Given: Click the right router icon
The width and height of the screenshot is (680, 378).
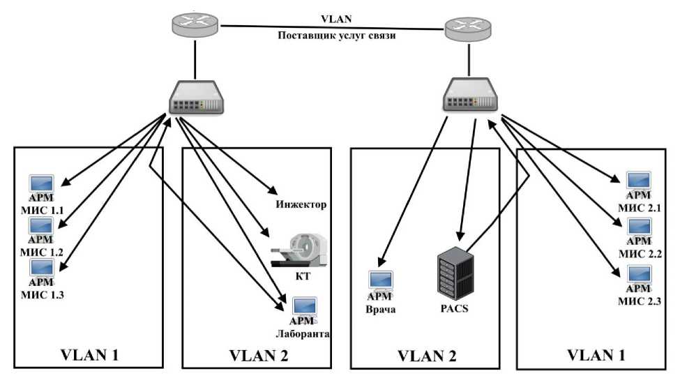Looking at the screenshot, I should click(x=468, y=29).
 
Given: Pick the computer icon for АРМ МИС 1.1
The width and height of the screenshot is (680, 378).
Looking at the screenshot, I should click(x=40, y=183).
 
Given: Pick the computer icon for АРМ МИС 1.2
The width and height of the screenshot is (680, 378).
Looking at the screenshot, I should click(x=40, y=227).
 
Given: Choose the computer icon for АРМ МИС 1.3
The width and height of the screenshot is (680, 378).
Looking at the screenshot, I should click(x=40, y=268).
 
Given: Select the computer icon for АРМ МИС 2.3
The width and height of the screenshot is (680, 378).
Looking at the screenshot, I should click(x=640, y=275).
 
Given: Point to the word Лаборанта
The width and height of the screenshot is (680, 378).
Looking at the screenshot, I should click(x=301, y=335).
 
